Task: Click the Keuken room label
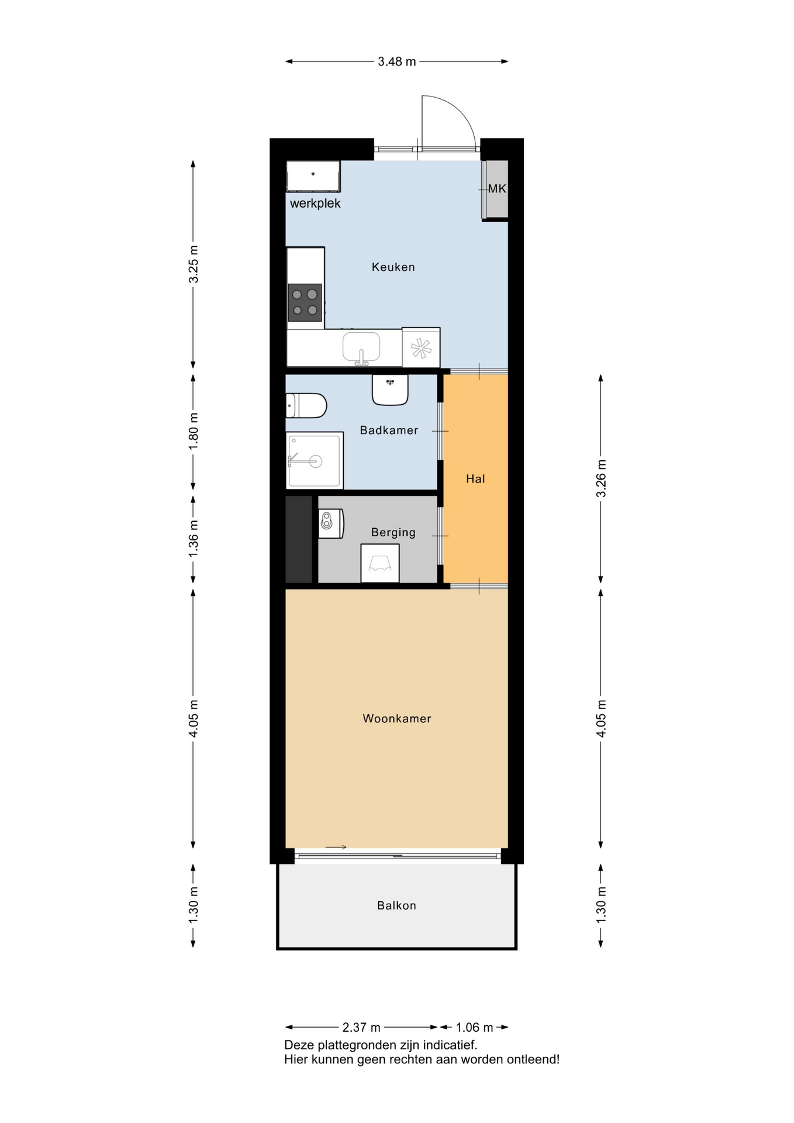393,267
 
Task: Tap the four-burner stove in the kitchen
305,302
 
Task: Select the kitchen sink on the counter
361,348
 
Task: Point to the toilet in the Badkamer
306,405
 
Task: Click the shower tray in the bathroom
315,460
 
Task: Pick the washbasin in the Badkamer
390,390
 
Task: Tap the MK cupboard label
497,189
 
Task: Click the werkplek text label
315,204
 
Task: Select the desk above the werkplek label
313,176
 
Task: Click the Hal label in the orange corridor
475,479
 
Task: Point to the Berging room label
393,532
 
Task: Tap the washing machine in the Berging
380,563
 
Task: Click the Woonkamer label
397,718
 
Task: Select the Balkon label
396,905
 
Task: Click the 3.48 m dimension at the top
397,61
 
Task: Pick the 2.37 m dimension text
361,1027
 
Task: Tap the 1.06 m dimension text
474,1027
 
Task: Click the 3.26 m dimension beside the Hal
601,479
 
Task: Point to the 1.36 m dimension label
194,538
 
